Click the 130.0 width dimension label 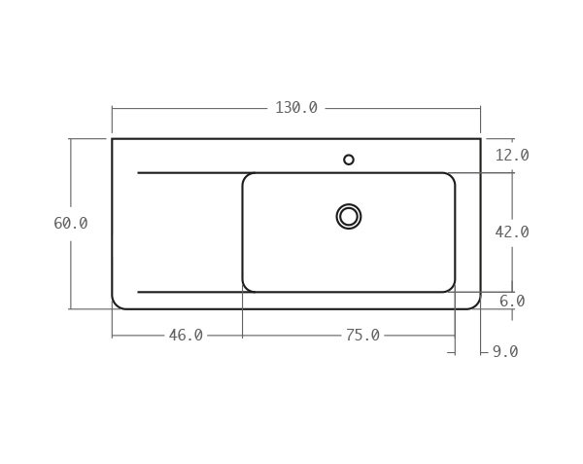(x=295, y=108)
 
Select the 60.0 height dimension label (x=71, y=224)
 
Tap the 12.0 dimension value (x=511, y=156)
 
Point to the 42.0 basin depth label (x=511, y=232)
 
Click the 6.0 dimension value (x=512, y=302)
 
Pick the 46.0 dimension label (x=186, y=336)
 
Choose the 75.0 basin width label (x=362, y=336)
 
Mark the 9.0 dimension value (x=504, y=352)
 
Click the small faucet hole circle (x=349, y=160)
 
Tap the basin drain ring (x=349, y=216)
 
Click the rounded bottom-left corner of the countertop (x=117, y=304)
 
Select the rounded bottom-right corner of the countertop (x=475, y=304)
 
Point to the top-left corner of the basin (x=247, y=177)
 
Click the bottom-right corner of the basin (x=451, y=288)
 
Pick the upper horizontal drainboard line (x=189, y=173)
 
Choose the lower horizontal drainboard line (x=189, y=292)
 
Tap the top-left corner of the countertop (x=113, y=139)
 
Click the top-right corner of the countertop (x=480, y=139)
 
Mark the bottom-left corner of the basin (x=247, y=288)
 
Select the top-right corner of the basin (x=451, y=177)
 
